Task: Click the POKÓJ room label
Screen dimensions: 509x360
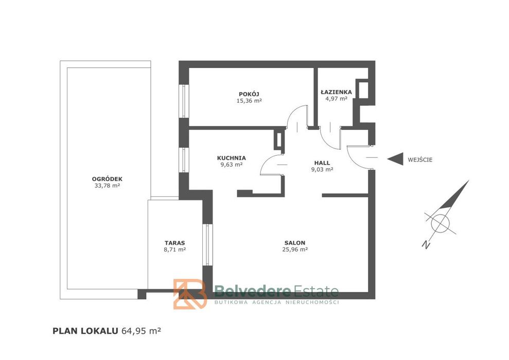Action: pyautogui.click(x=249, y=95)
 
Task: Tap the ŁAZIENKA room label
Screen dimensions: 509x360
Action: pyautogui.click(x=336, y=92)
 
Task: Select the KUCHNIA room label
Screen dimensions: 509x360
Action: pyautogui.click(x=232, y=158)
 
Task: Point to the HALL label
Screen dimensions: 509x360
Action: pyautogui.click(x=322, y=163)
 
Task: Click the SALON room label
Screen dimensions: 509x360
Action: pyautogui.click(x=295, y=243)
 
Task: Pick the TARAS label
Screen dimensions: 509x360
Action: pyautogui.click(x=174, y=243)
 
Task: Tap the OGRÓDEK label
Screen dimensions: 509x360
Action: pyautogui.click(x=107, y=179)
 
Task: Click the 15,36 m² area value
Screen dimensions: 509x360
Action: pyautogui.click(x=249, y=101)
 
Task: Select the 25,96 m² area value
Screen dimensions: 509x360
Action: pyautogui.click(x=295, y=249)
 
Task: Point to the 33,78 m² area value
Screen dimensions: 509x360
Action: pyautogui.click(x=107, y=186)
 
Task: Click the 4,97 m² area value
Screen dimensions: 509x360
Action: pyautogui.click(x=336, y=99)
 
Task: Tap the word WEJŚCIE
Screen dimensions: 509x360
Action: pyautogui.click(x=420, y=159)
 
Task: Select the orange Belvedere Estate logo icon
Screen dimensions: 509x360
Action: pyautogui.click(x=190, y=294)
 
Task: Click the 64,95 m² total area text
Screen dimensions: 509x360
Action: pyautogui.click(x=141, y=331)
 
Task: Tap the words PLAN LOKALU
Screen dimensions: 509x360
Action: pyautogui.click(x=85, y=331)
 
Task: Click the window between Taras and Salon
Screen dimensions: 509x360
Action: pyautogui.click(x=207, y=245)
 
